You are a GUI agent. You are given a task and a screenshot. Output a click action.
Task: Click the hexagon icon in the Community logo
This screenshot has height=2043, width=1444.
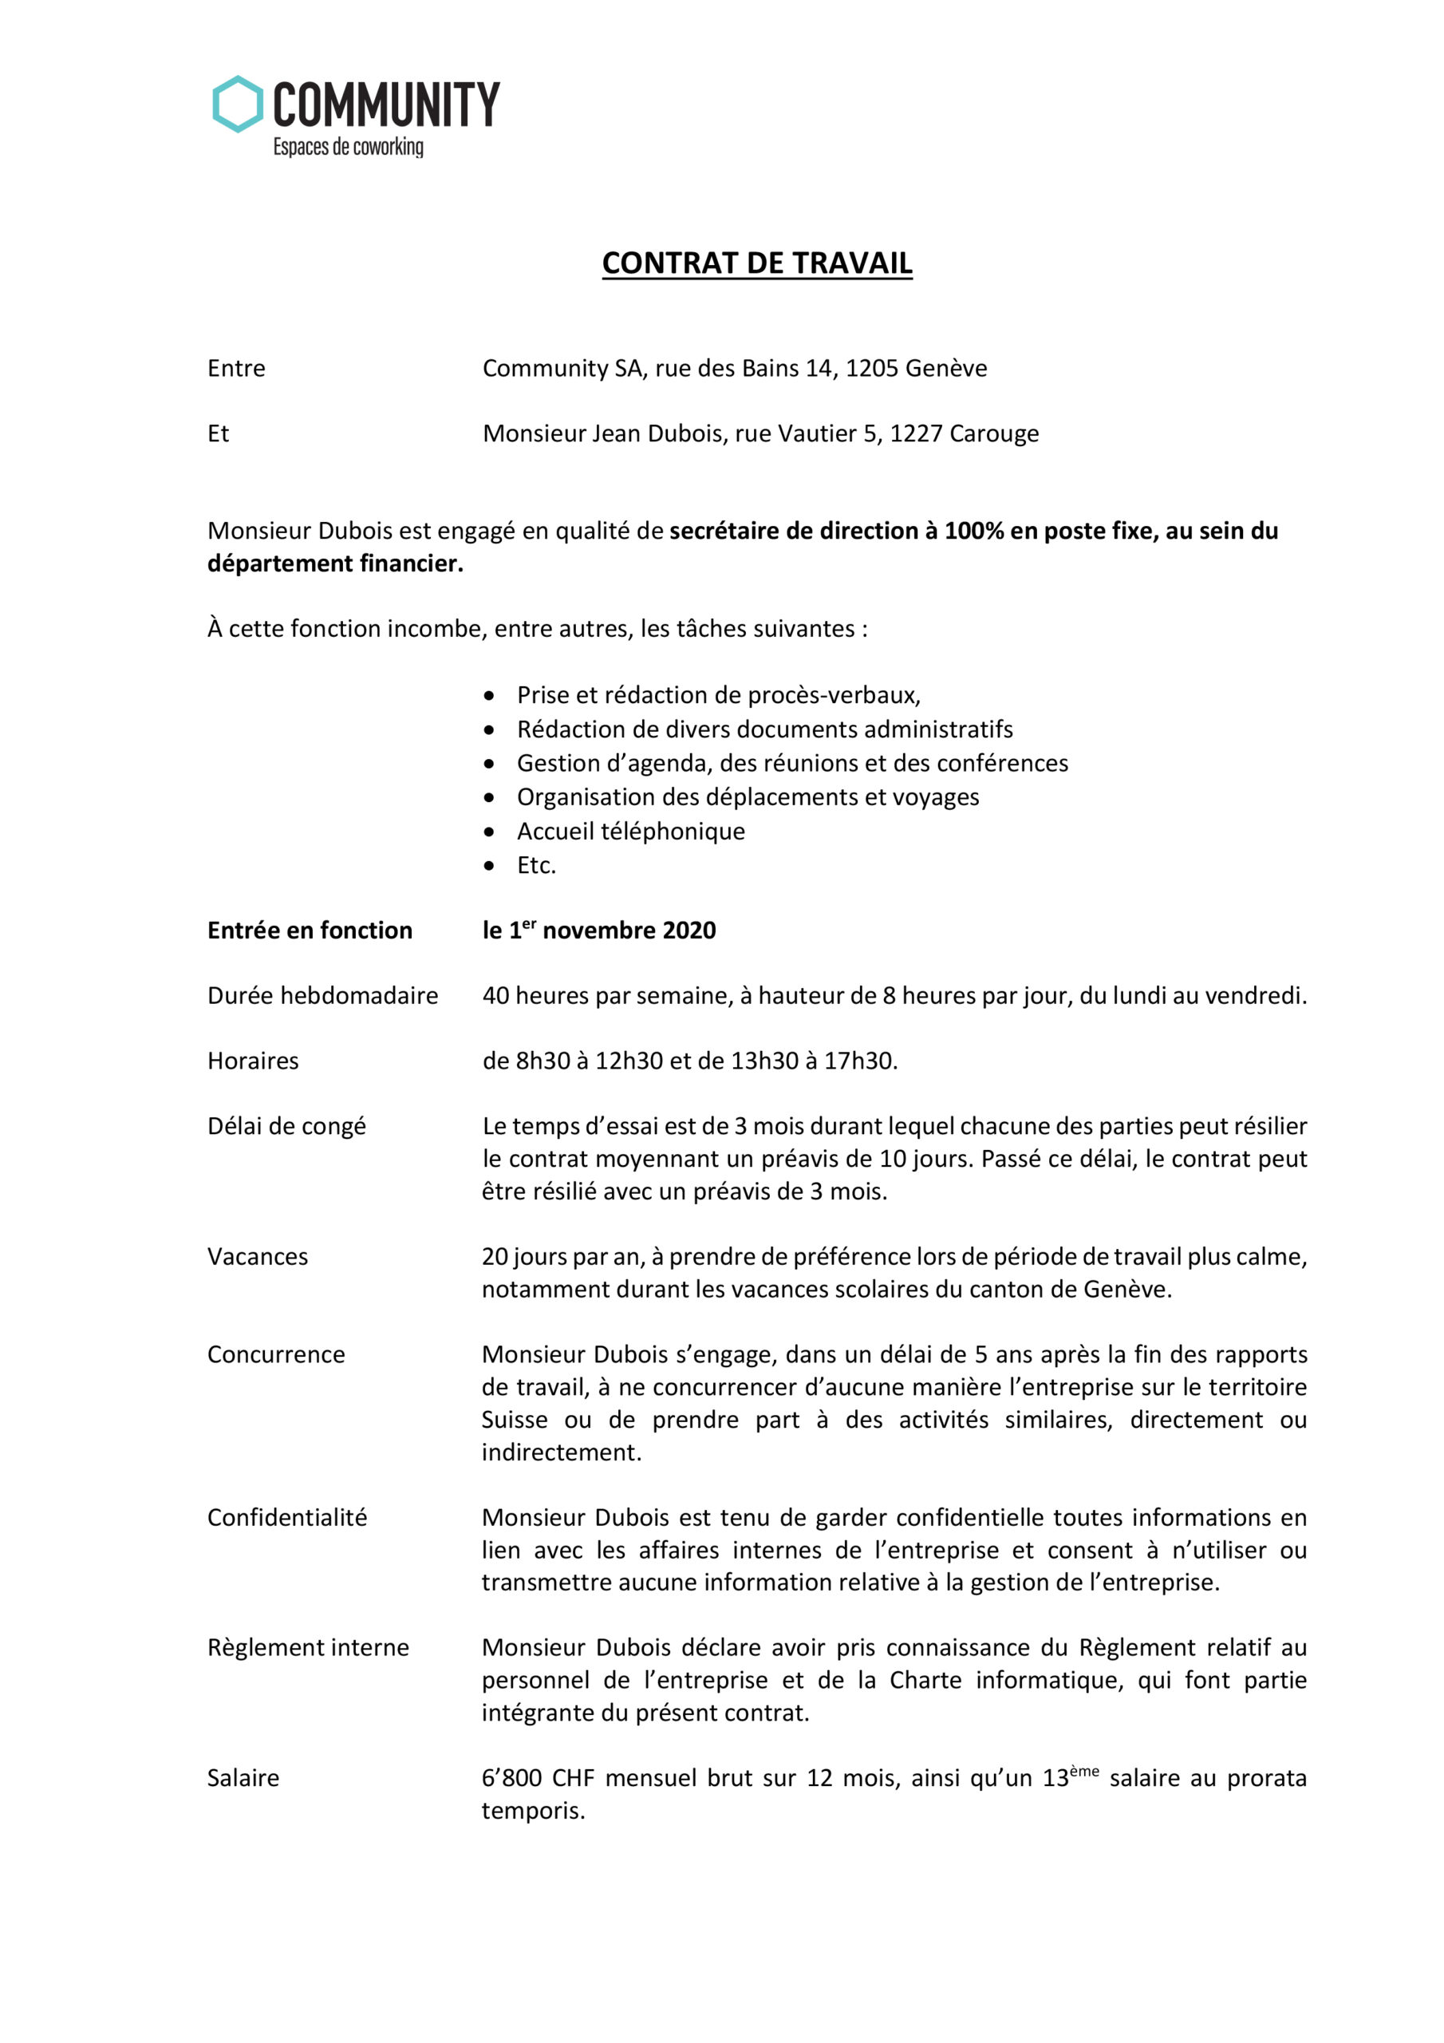(x=238, y=104)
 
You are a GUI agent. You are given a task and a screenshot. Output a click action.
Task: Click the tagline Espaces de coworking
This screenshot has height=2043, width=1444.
(x=348, y=147)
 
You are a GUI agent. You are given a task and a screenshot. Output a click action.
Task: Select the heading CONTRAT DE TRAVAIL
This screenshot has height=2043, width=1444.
(x=756, y=263)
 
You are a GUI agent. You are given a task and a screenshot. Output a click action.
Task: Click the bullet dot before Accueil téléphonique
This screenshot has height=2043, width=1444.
(x=488, y=832)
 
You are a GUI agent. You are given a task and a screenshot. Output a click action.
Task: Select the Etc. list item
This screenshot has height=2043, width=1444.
(x=535, y=865)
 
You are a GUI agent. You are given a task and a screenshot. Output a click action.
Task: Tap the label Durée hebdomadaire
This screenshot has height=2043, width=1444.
(x=322, y=996)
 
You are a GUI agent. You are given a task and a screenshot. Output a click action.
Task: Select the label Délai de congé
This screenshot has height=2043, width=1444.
(x=286, y=1127)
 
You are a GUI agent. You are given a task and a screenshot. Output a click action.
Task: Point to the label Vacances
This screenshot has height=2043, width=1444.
(x=257, y=1256)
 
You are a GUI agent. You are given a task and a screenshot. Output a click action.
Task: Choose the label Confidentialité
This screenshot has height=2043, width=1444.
(x=286, y=1518)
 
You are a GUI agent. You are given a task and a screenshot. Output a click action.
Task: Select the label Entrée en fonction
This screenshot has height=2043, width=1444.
(x=310, y=931)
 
